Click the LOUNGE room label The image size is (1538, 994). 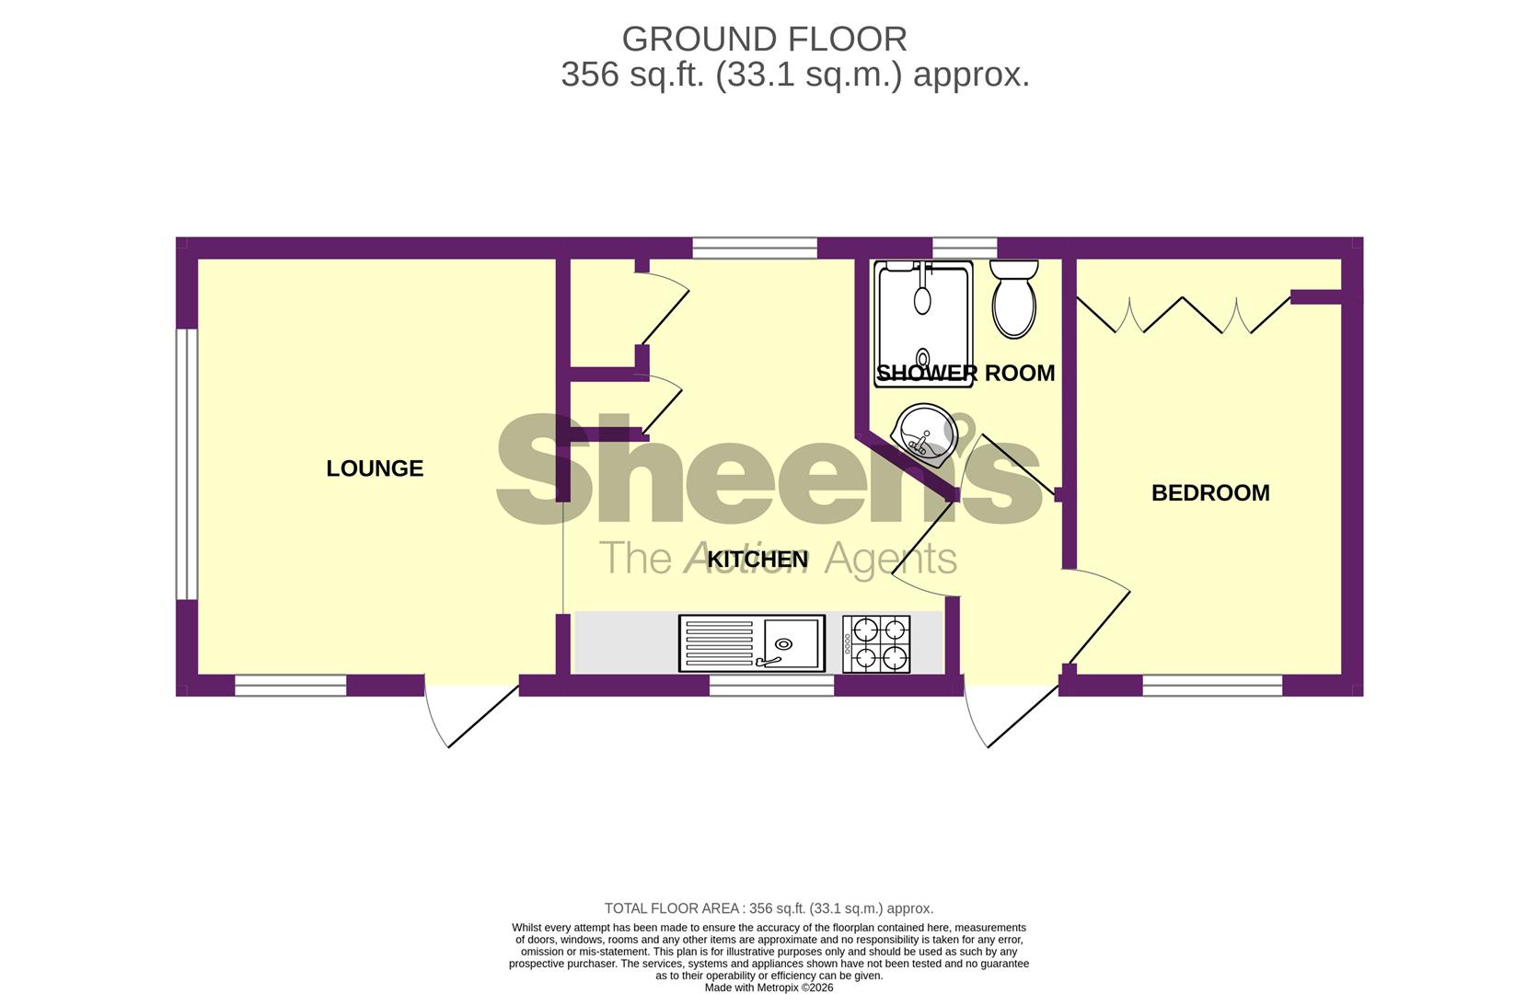(x=375, y=468)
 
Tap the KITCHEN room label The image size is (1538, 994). (x=757, y=560)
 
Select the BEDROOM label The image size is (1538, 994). (x=1210, y=493)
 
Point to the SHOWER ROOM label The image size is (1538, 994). (x=966, y=373)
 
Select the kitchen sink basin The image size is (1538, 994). (x=793, y=643)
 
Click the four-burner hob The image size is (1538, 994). (x=876, y=644)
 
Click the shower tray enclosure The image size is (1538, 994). (x=923, y=324)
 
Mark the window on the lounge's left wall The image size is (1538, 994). (x=187, y=464)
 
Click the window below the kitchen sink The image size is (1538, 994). (x=771, y=686)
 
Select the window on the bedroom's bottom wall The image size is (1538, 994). (x=1212, y=686)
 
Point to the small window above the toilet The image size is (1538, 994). (x=965, y=248)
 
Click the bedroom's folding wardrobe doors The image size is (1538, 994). (x=1183, y=315)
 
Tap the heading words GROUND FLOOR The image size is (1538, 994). (x=764, y=40)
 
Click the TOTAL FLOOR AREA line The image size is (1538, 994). (x=769, y=908)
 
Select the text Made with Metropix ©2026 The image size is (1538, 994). (x=769, y=988)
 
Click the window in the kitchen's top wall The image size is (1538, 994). (x=755, y=248)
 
